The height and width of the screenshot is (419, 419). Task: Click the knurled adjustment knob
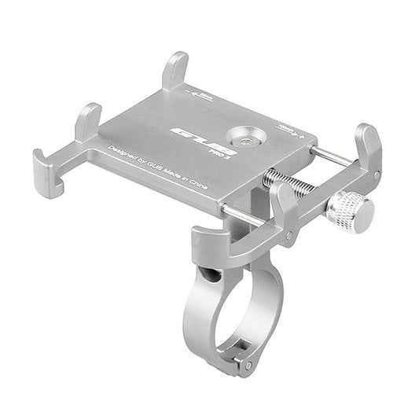[x=348, y=208]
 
